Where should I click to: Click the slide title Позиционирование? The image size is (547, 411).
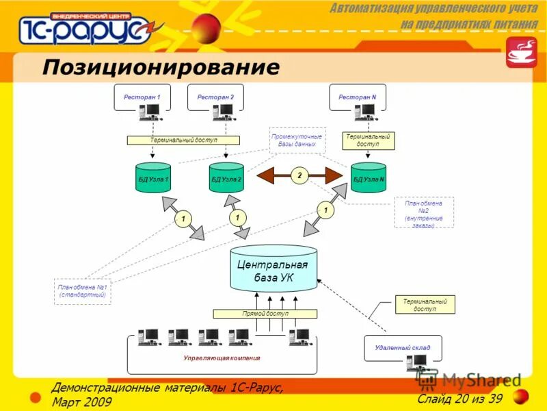[161, 67]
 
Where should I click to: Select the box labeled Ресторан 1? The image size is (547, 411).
[142, 97]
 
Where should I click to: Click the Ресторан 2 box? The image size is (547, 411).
[215, 97]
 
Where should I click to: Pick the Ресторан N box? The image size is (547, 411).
[358, 97]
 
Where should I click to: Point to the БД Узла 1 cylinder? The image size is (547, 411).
[153, 178]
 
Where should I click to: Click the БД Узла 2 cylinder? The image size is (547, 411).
[226, 178]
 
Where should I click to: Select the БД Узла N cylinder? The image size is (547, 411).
[369, 178]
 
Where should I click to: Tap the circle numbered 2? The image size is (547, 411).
[299, 176]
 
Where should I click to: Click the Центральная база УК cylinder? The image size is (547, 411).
[273, 270]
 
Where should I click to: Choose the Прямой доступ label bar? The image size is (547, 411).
[265, 314]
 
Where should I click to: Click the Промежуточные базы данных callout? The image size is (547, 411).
[297, 140]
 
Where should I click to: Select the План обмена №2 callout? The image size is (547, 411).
[424, 213]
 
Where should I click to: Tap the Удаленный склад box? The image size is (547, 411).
[403, 348]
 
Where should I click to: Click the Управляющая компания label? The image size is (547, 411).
[222, 358]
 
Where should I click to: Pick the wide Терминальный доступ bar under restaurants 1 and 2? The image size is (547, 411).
[183, 140]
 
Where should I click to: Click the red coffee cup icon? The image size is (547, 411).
[521, 52]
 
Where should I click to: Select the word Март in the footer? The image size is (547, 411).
[66, 402]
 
